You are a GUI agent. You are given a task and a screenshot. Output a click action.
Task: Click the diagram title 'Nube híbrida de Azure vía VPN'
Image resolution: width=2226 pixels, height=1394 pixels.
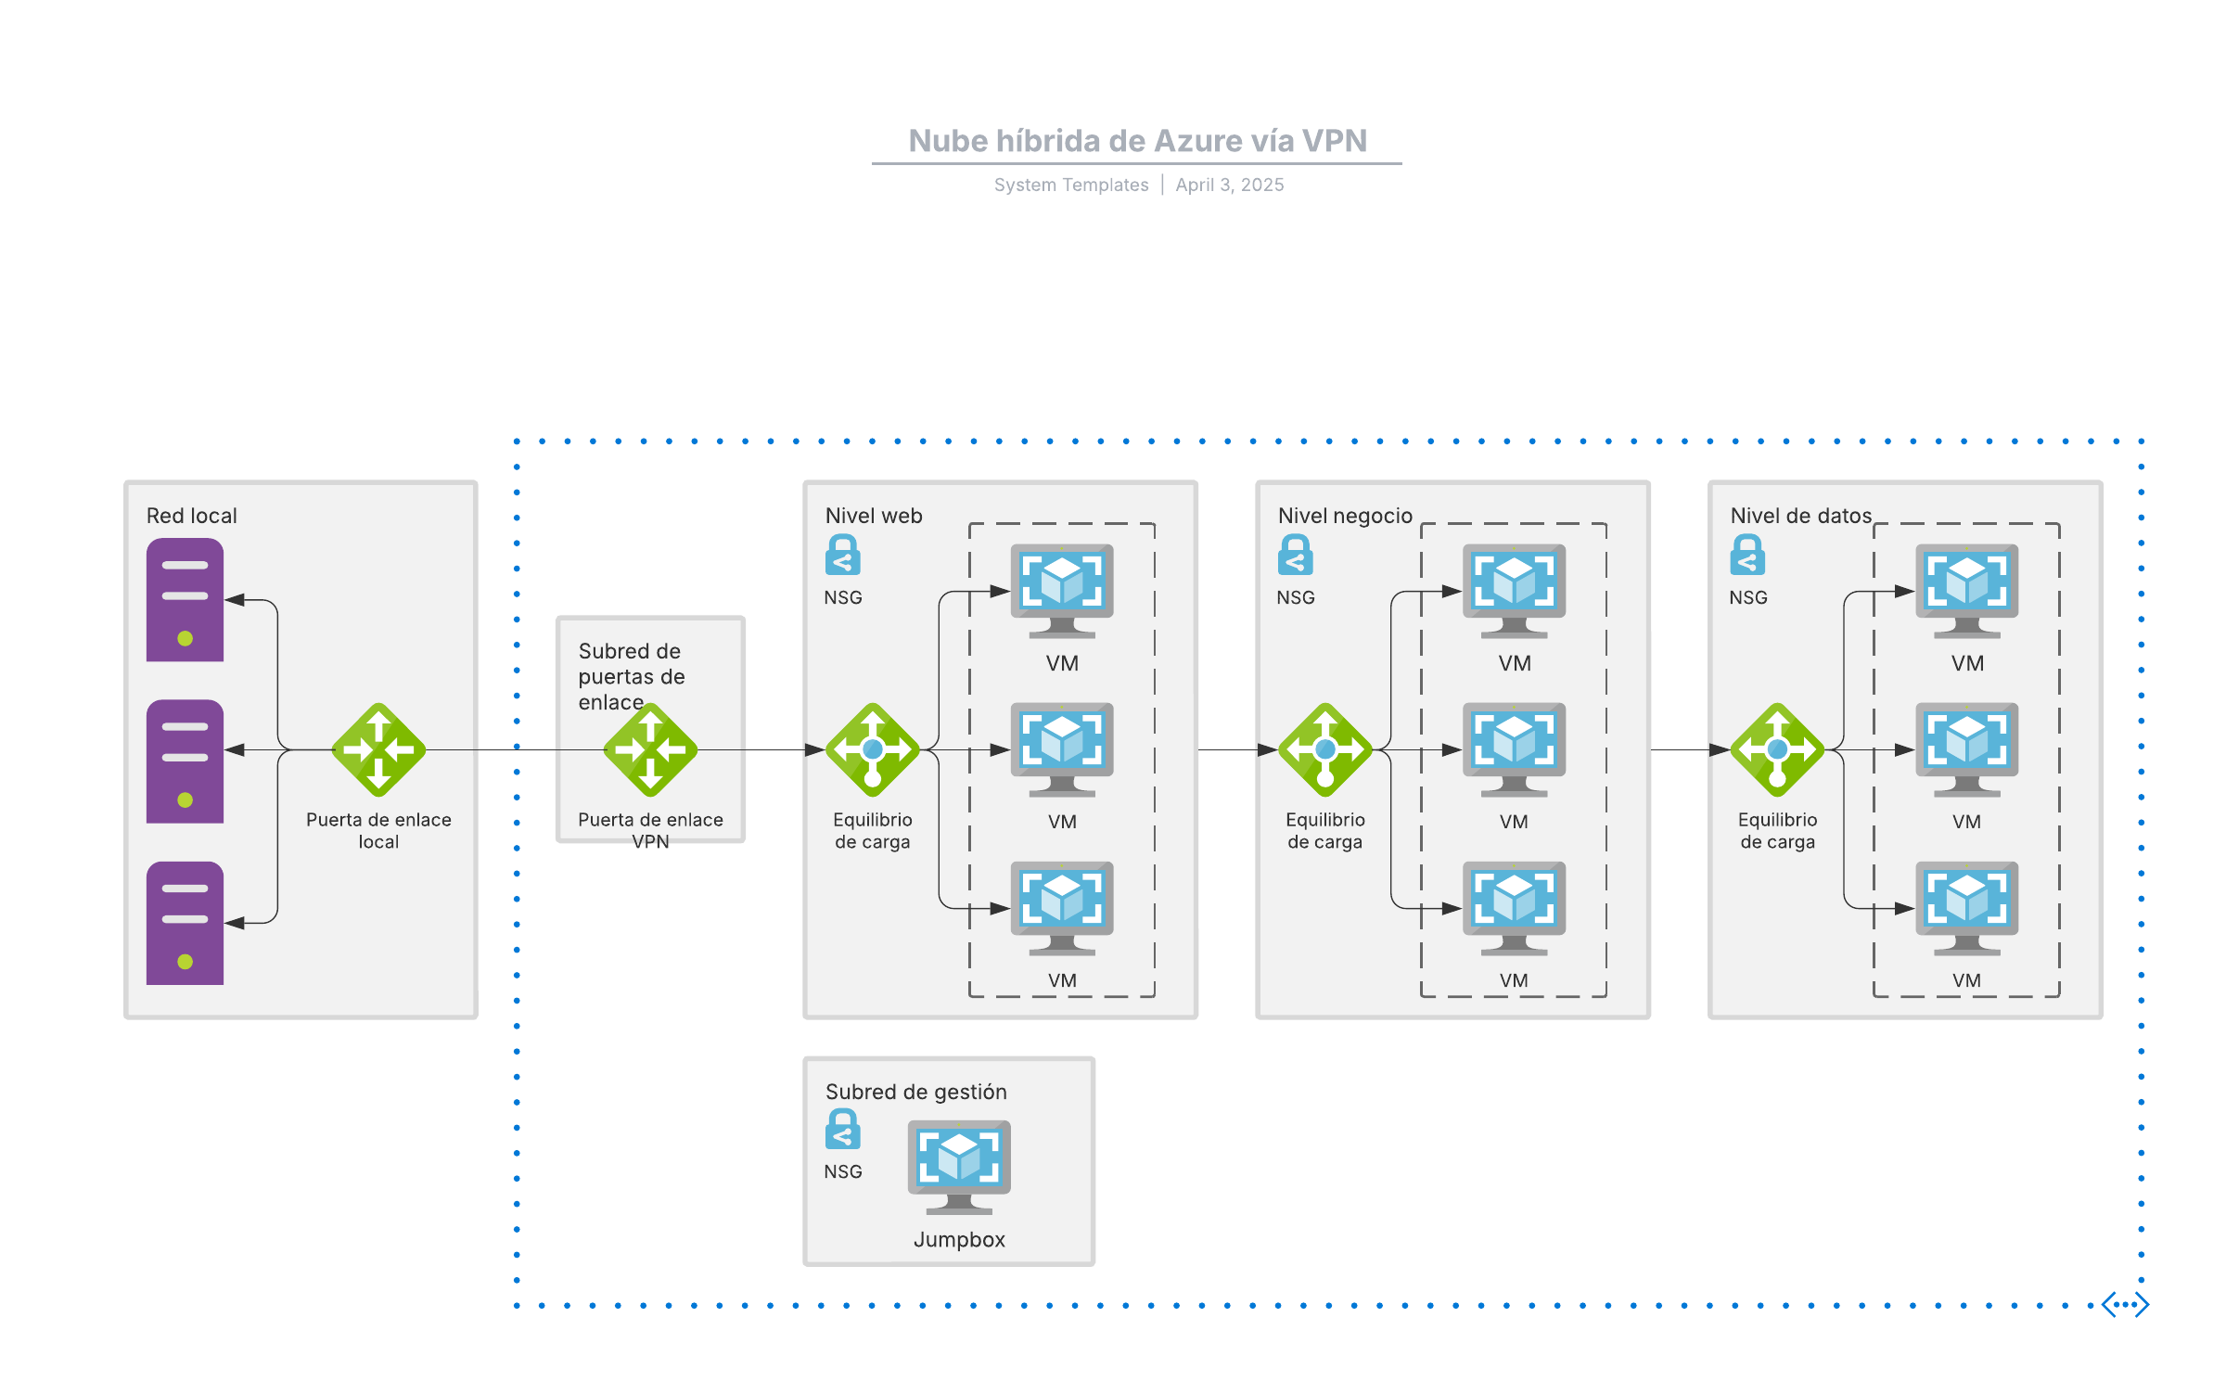point(1137,141)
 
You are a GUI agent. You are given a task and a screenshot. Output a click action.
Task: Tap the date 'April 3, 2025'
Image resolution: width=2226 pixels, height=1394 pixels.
point(1229,185)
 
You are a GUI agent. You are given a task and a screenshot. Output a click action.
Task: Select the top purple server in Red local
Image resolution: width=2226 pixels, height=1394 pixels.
point(185,600)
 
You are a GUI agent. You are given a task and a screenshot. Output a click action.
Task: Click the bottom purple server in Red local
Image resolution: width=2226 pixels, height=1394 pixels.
point(185,923)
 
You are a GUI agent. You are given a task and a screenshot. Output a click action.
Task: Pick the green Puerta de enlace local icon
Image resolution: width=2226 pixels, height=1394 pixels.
point(378,749)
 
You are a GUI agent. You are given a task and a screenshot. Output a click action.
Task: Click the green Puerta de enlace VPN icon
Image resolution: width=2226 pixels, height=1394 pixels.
point(650,749)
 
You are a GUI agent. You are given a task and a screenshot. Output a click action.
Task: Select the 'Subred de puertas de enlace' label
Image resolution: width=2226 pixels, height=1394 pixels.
point(631,676)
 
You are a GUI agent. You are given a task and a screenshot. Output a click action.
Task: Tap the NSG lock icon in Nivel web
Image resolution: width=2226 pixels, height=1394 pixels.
point(842,555)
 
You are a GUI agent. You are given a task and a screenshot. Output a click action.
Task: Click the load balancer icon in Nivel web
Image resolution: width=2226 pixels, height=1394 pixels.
point(872,749)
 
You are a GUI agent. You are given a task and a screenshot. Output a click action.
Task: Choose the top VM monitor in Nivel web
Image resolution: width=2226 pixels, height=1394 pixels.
point(1062,590)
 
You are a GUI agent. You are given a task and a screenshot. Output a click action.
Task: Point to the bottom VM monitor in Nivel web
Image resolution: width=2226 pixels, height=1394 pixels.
point(1062,907)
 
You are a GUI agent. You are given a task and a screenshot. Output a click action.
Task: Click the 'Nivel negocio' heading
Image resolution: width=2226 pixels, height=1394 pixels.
point(1345,516)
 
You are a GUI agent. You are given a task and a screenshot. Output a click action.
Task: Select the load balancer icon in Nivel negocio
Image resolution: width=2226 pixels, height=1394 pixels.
point(1324,749)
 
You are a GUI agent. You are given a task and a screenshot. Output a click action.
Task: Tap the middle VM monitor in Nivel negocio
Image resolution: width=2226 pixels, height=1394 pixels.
point(1514,748)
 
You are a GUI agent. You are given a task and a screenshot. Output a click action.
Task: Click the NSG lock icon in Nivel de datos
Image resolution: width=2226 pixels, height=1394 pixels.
point(1747,555)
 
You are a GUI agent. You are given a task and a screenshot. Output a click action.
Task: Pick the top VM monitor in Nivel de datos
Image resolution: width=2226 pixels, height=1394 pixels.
point(1966,590)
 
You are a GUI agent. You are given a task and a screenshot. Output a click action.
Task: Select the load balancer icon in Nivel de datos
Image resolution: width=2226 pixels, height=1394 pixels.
point(1777,749)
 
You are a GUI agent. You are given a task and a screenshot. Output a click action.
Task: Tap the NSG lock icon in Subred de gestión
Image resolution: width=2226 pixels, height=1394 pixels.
point(842,1129)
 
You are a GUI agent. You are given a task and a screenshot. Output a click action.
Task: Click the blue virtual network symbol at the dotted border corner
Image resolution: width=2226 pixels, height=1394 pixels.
point(2125,1304)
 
